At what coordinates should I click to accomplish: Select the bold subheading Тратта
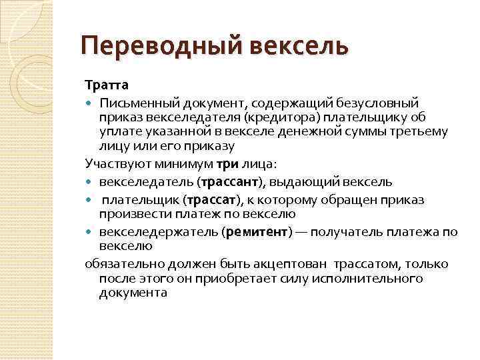pyautogui.click(x=107, y=85)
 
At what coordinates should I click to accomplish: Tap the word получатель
pyautogui.click(x=364, y=231)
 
